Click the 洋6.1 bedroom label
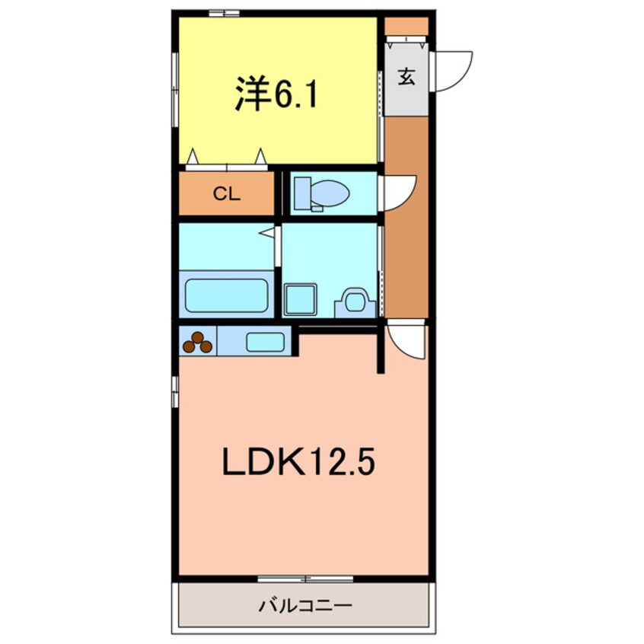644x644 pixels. (275, 95)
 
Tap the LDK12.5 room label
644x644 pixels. (298, 462)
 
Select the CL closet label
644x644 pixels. (226, 194)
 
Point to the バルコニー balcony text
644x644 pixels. (304, 607)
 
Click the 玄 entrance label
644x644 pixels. (406, 77)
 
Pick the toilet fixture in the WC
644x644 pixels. (320, 193)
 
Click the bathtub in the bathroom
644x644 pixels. (226, 295)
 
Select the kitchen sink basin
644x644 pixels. (265, 342)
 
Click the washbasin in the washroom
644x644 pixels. (355, 301)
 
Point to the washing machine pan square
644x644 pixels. (301, 300)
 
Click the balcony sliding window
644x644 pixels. (304, 579)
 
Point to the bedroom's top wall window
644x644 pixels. (224, 13)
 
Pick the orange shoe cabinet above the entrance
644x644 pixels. (406, 27)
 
